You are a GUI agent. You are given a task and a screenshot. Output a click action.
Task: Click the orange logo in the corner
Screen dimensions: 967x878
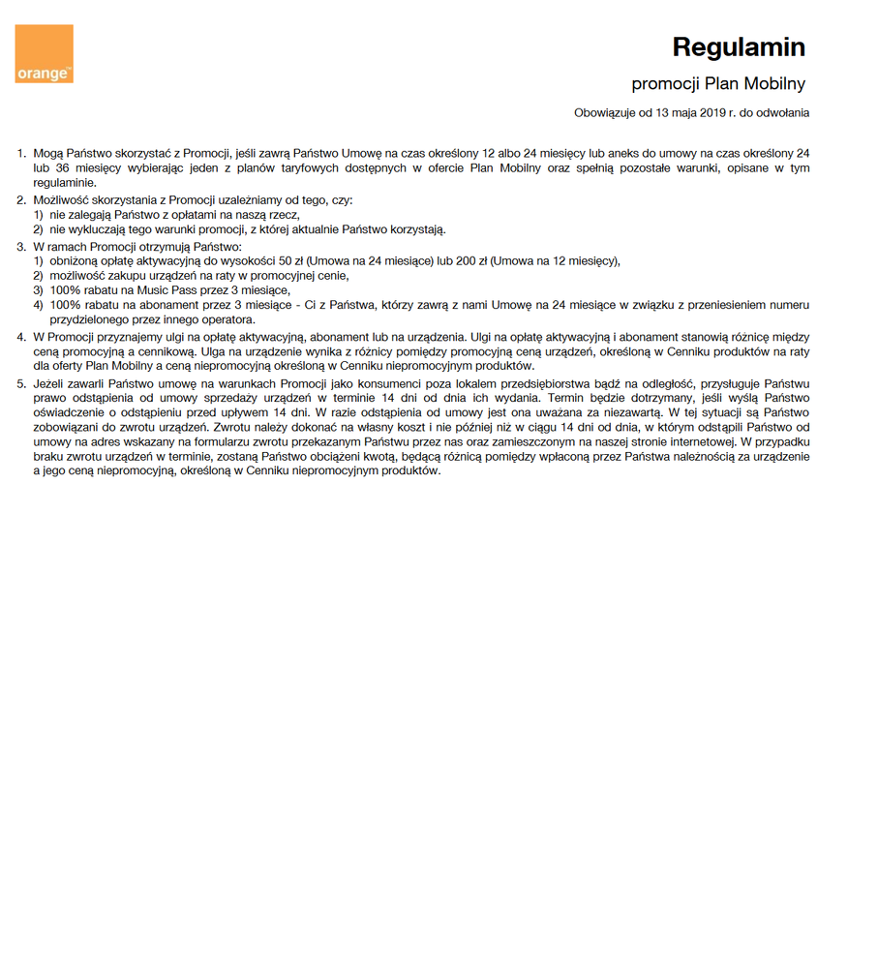coord(44,54)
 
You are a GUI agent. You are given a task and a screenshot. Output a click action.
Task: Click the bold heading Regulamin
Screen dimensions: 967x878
coord(739,47)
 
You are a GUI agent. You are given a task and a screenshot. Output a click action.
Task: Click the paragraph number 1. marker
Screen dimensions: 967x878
coord(22,153)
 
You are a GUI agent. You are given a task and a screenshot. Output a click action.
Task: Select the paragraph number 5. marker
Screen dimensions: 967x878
coord(22,384)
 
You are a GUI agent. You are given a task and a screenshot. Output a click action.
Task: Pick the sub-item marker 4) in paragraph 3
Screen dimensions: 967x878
coord(39,305)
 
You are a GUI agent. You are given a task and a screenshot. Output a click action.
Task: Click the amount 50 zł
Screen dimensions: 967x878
coord(289,260)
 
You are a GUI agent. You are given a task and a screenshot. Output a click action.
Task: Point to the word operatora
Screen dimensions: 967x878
coord(227,319)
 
